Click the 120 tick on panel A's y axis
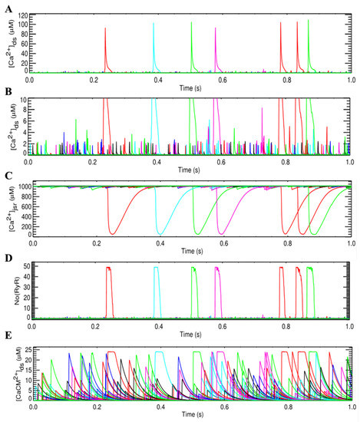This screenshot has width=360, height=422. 28,14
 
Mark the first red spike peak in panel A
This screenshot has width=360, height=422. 105,28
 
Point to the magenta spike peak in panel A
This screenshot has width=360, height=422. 216,29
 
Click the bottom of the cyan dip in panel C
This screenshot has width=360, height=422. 160,233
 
